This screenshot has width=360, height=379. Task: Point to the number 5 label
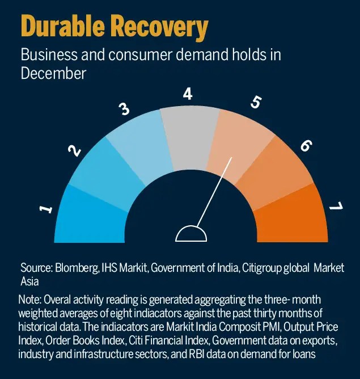(x=256, y=102)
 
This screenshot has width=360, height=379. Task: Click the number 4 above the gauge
(x=188, y=94)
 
